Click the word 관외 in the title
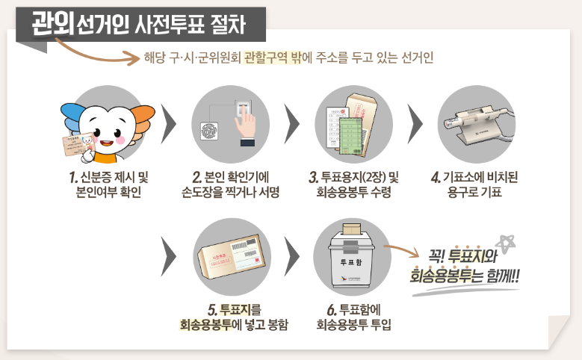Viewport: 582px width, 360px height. (x=52, y=23)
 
